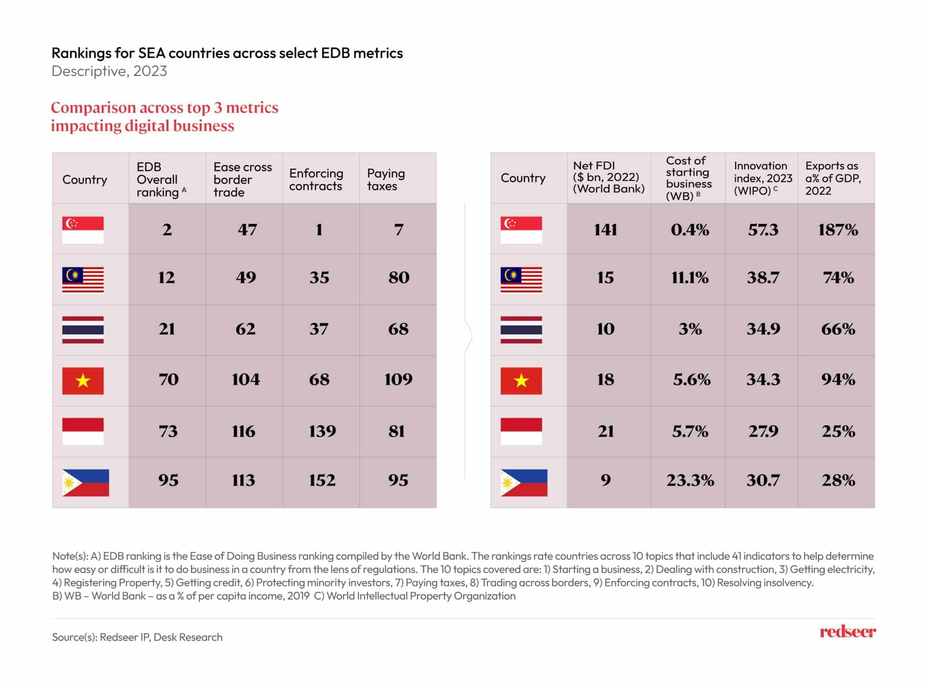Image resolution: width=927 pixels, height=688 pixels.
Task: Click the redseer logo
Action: pos(847,631)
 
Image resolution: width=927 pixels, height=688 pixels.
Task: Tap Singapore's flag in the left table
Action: pos(83,230)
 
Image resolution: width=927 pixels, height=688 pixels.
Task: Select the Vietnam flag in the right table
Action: pos(521,380)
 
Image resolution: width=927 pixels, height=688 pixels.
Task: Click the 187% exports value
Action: pos(838,230)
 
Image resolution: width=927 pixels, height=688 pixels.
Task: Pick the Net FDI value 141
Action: pos(605,230)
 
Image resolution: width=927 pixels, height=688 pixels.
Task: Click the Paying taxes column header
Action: pos(386,180)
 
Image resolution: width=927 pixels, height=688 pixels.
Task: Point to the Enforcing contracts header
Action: pos(316,180)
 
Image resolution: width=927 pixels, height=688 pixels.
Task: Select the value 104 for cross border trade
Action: pos(246,379)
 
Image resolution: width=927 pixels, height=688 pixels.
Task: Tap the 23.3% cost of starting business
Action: pos(690,480)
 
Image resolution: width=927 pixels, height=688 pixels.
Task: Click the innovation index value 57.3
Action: pos(763,230)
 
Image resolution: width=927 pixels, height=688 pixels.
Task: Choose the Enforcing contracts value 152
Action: pos(322,480)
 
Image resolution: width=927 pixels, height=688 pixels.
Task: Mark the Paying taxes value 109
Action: pos(398,379)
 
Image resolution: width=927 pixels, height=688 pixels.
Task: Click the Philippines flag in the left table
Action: pos(86,483)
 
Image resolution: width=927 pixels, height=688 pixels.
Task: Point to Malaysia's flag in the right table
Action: pos(521,280)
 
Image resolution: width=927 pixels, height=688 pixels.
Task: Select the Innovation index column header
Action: pos(763,178)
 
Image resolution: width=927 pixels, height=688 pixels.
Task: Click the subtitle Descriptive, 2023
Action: pos(109,71)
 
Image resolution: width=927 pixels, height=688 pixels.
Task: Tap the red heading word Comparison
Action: pos(93,108)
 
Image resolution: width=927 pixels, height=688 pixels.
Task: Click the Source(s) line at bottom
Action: pos(137,637)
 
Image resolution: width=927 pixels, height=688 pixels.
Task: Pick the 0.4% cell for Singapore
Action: pos(690,230)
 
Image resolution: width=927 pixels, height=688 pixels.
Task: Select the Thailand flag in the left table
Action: pos(83,330)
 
